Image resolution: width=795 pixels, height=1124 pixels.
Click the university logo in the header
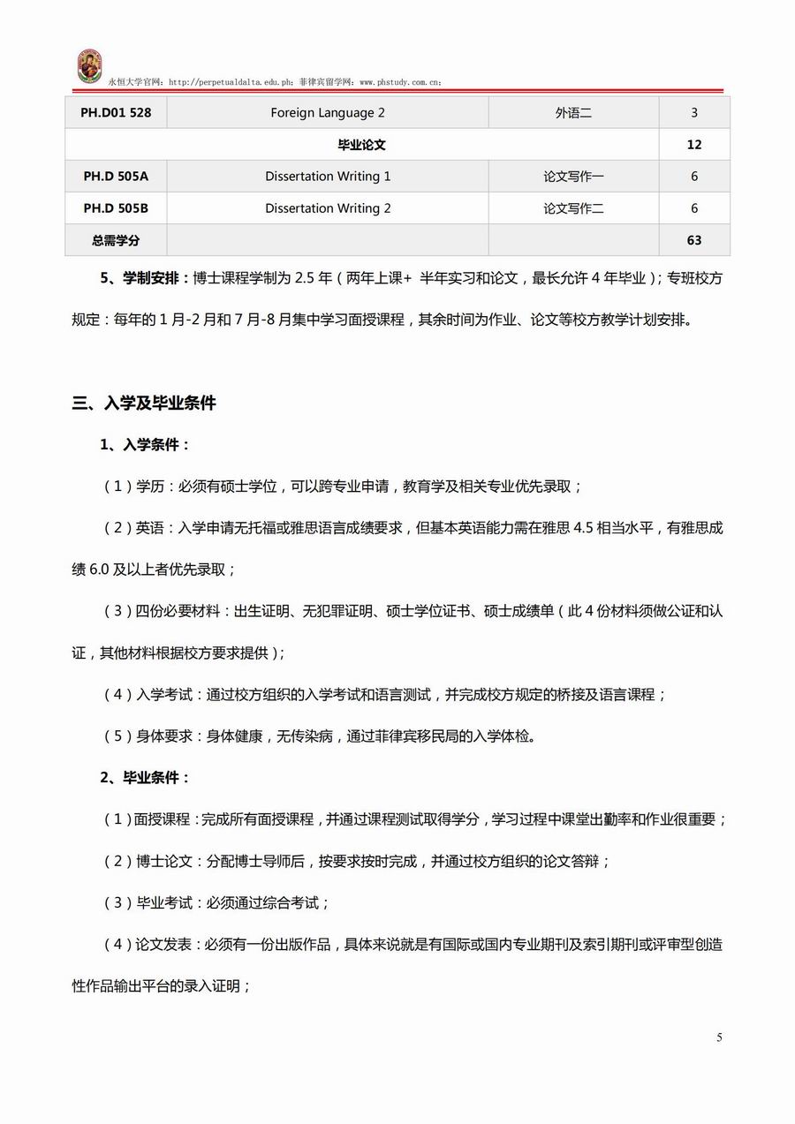tap(88, 67)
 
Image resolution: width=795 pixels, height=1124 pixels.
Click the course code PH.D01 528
tap(116, 113)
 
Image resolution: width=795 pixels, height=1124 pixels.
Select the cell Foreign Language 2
tap(328, 113)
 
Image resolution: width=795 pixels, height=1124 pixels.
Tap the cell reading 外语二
tap(573, 113)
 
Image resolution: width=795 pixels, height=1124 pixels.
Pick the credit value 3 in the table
tap(694, 113)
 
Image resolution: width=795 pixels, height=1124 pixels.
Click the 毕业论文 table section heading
tap(362, 145)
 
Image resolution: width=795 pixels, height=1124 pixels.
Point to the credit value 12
tap(694, 145)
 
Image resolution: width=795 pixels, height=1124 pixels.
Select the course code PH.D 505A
tap(116, 177)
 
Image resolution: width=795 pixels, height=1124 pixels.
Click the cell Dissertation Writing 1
tap(328, 177)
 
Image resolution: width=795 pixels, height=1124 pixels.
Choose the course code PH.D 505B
tap(116, 208)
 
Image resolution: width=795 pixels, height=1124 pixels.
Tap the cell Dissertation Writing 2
tap(328, 208)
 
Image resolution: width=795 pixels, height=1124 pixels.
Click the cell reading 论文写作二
tap(573, 208)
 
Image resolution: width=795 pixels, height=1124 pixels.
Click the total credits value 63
tap(694, 240)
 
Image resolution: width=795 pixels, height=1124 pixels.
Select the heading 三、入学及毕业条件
tap(144, 404)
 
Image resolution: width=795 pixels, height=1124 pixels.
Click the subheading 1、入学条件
tap(145, 445)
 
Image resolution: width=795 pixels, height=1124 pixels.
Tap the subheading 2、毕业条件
tap(145, 778)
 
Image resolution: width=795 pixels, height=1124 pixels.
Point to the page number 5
tap(719, 1037)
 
